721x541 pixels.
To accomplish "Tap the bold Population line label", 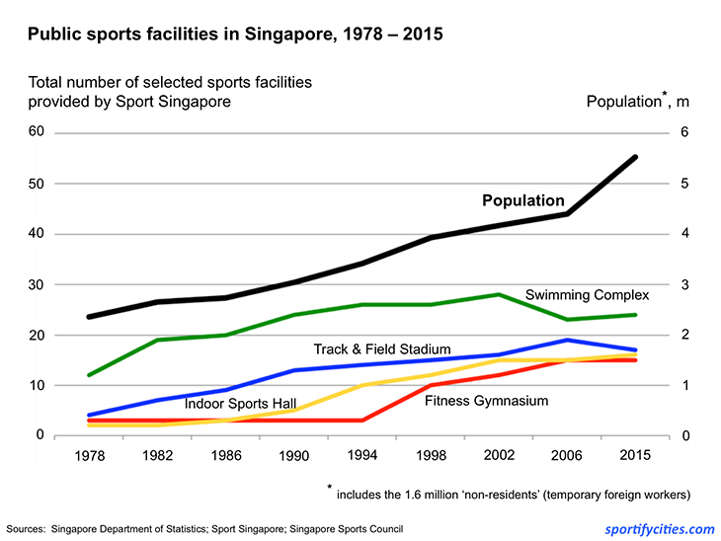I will tap(522, 200).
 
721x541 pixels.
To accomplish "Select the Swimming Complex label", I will tap(587, 295).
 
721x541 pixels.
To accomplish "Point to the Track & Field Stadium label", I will tap(382, 349).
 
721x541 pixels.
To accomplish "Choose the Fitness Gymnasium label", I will tap(486, 401).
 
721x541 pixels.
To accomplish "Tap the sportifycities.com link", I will tap(659, 528).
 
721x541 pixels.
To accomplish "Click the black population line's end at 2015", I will tap(634, 157).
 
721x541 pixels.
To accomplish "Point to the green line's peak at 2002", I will tap(499, 294).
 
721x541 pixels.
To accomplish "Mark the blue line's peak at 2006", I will tap(567, 340).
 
